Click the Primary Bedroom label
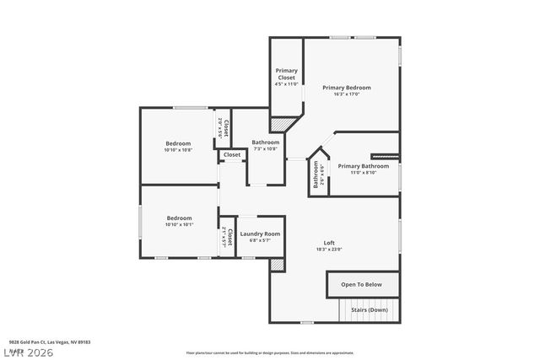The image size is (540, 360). click(x=346, y=88)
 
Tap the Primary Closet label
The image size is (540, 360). click(x=287, y=74)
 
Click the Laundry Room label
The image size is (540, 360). click(x=259, y=234)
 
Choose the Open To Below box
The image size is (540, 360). click(x=361, y=285)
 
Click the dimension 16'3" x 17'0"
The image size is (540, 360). click(x=346, y=94)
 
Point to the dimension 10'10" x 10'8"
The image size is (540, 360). click(x=178, y=149)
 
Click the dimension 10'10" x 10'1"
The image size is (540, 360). click(x=178, y=224)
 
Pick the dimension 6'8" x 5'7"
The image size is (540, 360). click(x=259, y=240)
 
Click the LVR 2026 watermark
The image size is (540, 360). click(x=27, y=352)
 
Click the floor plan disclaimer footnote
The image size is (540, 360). click(x=269, y=352)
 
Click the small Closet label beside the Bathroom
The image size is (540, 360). click(x=232, y=155)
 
